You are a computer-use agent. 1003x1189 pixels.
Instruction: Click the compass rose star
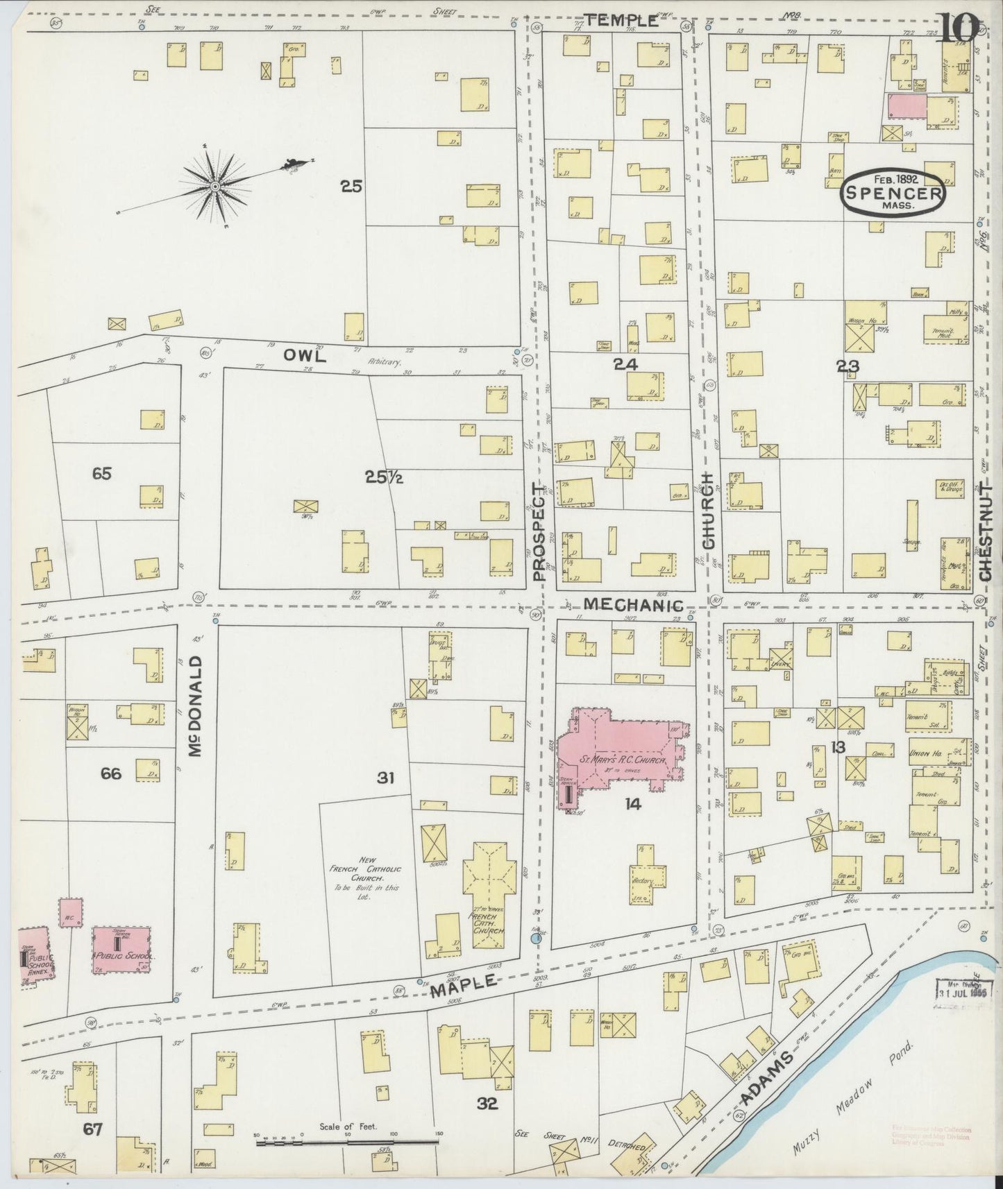pyautogui.click(x=216, y=186)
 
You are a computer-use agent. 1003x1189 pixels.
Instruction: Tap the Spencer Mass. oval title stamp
pyautogui.click(x=893, y=192)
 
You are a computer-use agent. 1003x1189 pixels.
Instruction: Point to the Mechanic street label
pyautogui.click(x=633, y=605)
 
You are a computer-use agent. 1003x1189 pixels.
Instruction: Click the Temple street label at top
pyautogui.click(x=621, y=21)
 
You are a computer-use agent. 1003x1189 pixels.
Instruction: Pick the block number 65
pyautogui.click(x=101, y=474)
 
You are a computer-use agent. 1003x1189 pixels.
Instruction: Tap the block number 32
pyautogui.click(x=487, y=1103)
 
